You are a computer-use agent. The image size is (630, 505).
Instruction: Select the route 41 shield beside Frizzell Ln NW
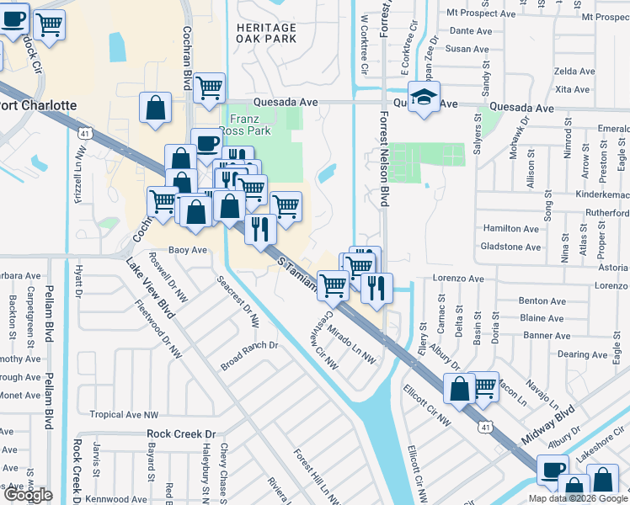click(84, 133)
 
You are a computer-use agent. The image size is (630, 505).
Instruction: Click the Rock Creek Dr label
click(181, 434)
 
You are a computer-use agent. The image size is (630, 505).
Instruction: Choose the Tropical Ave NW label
click(124, 415)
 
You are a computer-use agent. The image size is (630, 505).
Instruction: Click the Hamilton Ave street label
click(510, 229)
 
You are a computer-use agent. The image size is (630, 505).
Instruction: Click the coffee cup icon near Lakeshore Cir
click(553, 469)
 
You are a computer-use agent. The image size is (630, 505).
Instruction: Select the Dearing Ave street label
click(582, 354)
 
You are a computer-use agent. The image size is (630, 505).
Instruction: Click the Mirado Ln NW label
click(351, 344)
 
